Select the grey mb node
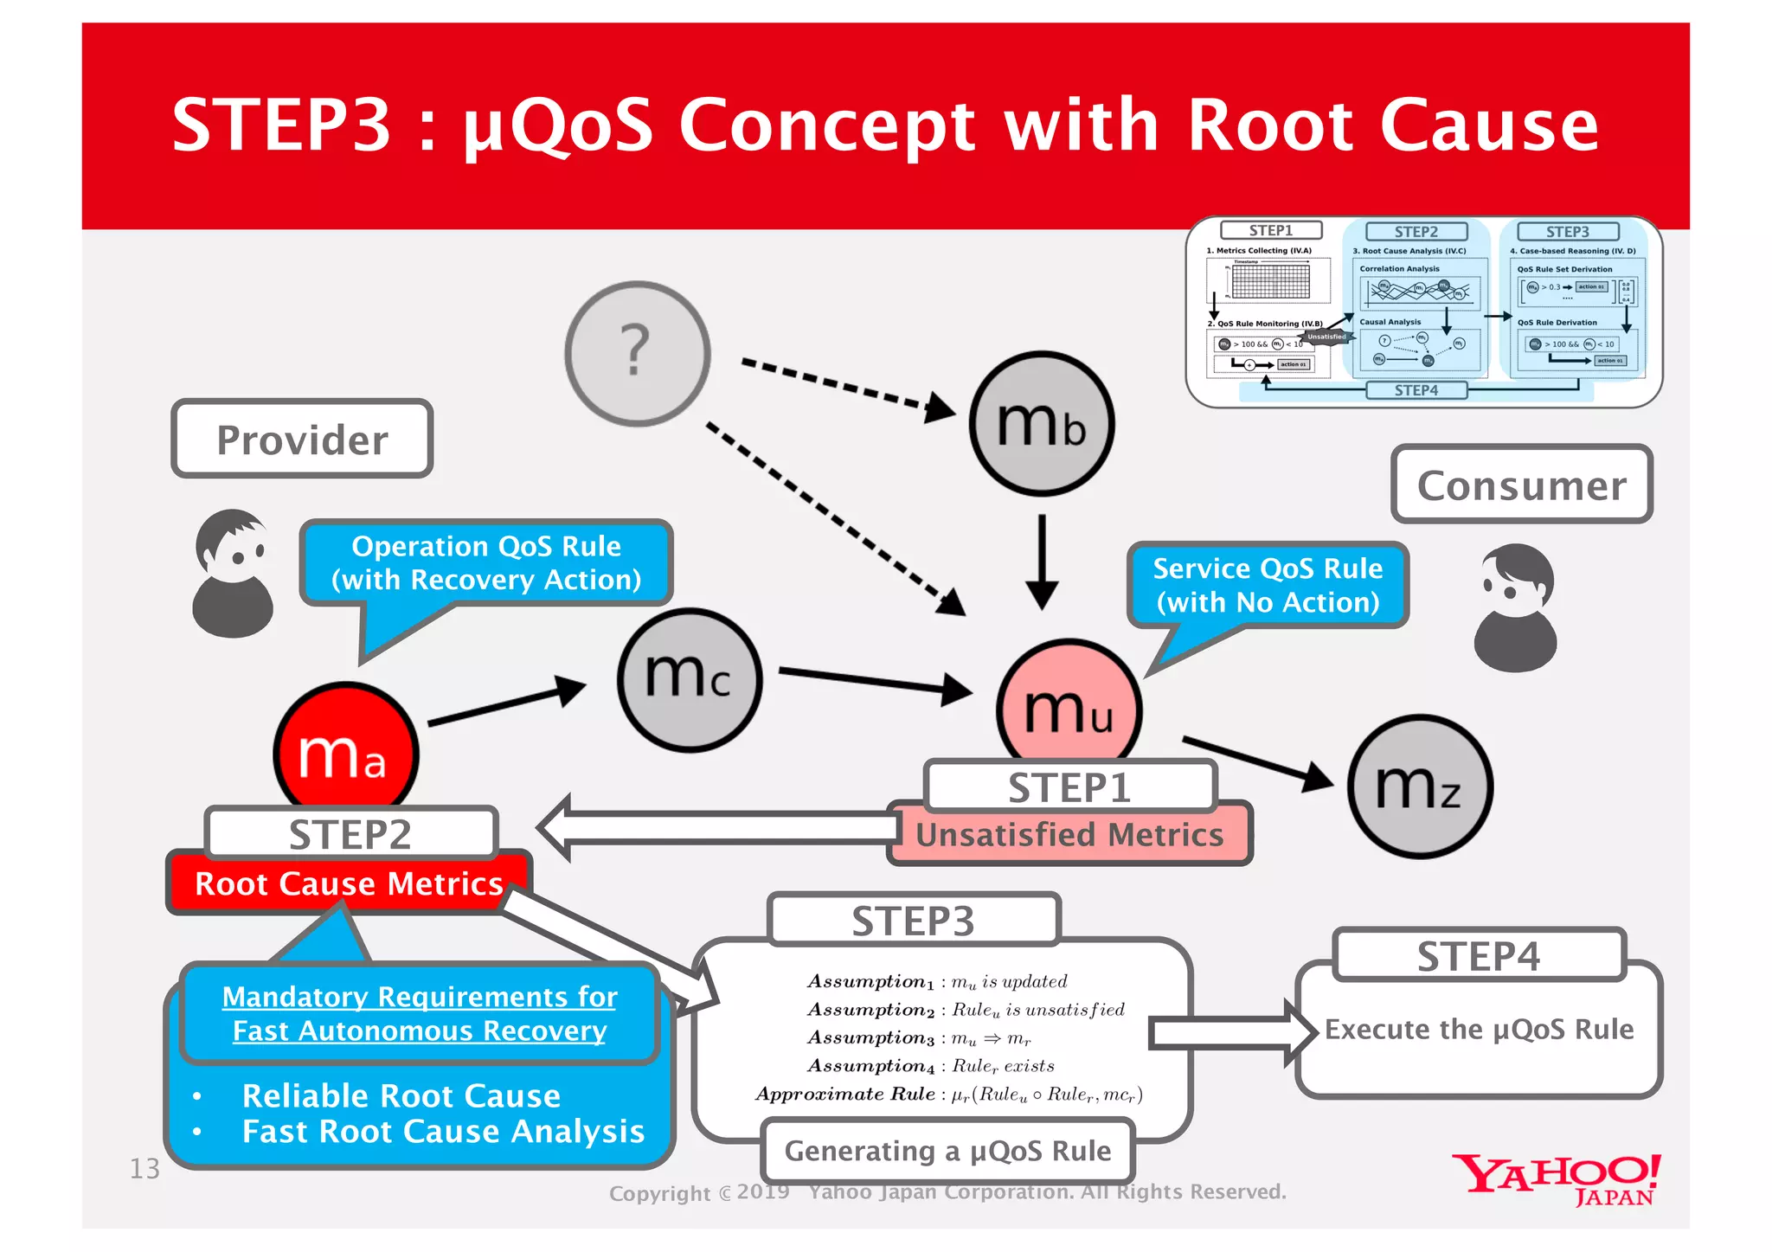click(1041, 423)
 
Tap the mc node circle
click(690, 678)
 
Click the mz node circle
click(1419, 786)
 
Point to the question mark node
click(638, 353)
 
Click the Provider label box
click(302, 440)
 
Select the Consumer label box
click(1521, 485)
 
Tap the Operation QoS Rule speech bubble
click(486, 562)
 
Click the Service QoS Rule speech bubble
click(1268, 585)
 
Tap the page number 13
click(144, 1169)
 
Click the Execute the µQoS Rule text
click(1479, 1030)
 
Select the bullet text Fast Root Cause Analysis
click(443, 1132)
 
